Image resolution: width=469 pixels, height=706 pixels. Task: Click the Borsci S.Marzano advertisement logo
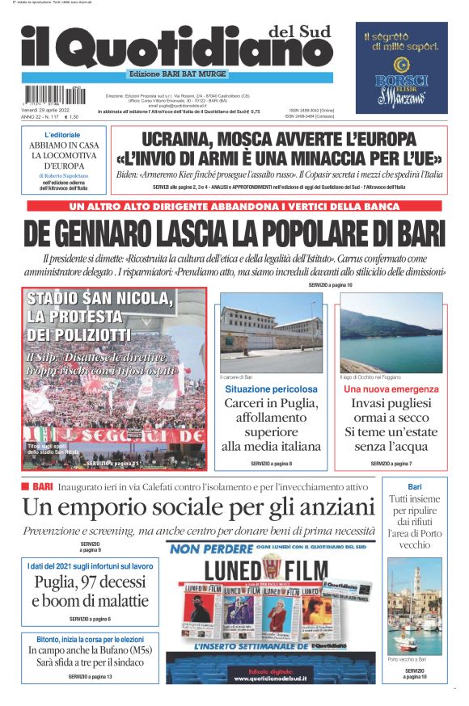coord(402,90)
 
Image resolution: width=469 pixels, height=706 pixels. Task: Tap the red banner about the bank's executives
coord(234,206)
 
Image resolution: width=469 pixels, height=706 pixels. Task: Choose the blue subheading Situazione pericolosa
coord(271,389)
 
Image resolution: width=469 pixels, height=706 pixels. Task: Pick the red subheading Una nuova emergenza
coord(391,389)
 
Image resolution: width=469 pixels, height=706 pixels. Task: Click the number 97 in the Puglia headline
coord(89,583)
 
